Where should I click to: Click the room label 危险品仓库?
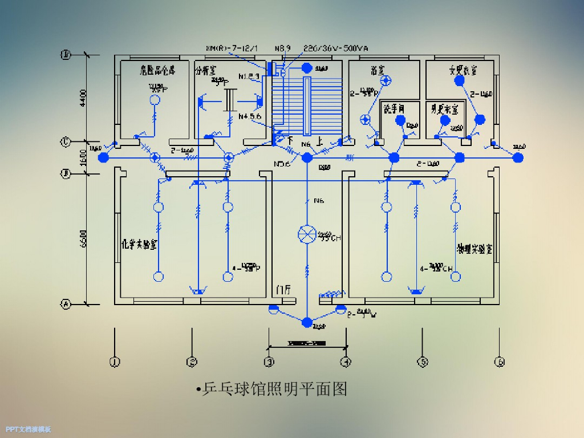[x=157, y=71]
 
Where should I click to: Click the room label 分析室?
[x=206, y=71]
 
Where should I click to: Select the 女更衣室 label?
[x=463, y=71]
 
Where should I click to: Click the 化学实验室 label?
[x=140, y=244]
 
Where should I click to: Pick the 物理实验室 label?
[x=474, y=249]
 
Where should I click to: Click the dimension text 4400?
[x=83, y=98]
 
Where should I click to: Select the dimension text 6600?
[x=83, y=238]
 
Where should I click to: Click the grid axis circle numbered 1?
[x=115, y=362]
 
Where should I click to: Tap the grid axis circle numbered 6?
[x=500, y=362]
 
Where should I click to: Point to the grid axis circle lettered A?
[x=66, y=305]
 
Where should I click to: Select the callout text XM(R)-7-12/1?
[x=232, y=48]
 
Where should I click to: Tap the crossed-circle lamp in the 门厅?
[x=307, y=234]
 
